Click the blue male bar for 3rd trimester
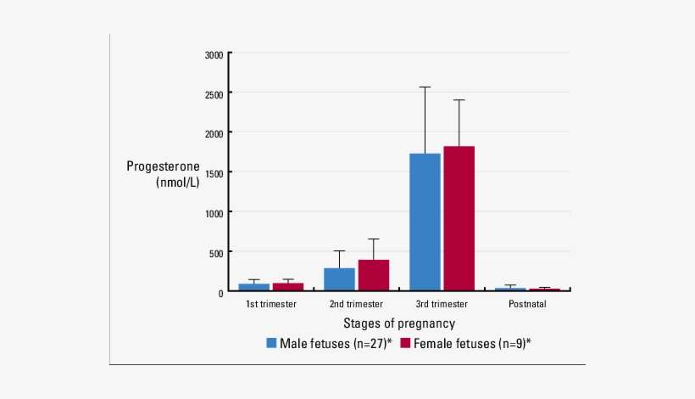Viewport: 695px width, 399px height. pyautogui.click(x=425, y=222)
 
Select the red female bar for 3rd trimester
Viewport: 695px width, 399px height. pyautogui.click(x=459, y=219)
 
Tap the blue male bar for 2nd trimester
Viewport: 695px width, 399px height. pyautogui.click(x=339, y=279)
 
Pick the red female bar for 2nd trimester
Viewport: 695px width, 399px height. pyautogui.click(x=373, y=275)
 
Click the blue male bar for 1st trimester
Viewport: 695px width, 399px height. pyautogui.click(x=253, y=287)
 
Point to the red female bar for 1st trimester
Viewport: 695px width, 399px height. pyautogui.click(x=287, y=287)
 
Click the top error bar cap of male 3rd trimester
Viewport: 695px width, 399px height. pyautogui.click(x=425, y=87)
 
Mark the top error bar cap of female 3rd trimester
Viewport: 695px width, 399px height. pyautogui.click(x=459, y=100)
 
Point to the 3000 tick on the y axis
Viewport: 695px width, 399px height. pyautogui.click(x=214, y=55)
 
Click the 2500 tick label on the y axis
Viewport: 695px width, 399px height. pyautogui.click(x=214, y=94)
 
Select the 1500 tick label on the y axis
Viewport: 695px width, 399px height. pyautogui.click(x=214, y=173)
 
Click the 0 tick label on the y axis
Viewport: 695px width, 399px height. pyautogui.click(x=220, y=292)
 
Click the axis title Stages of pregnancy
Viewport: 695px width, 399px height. pyautogui.click(x=399, y=323)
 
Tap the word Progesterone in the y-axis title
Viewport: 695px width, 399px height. pyautogui.click(x=164, y=166)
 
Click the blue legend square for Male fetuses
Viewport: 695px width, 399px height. pyautogui.click(x=272, y=343)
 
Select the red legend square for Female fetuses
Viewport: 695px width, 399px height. pyautogui.click(x=405, y=343)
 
